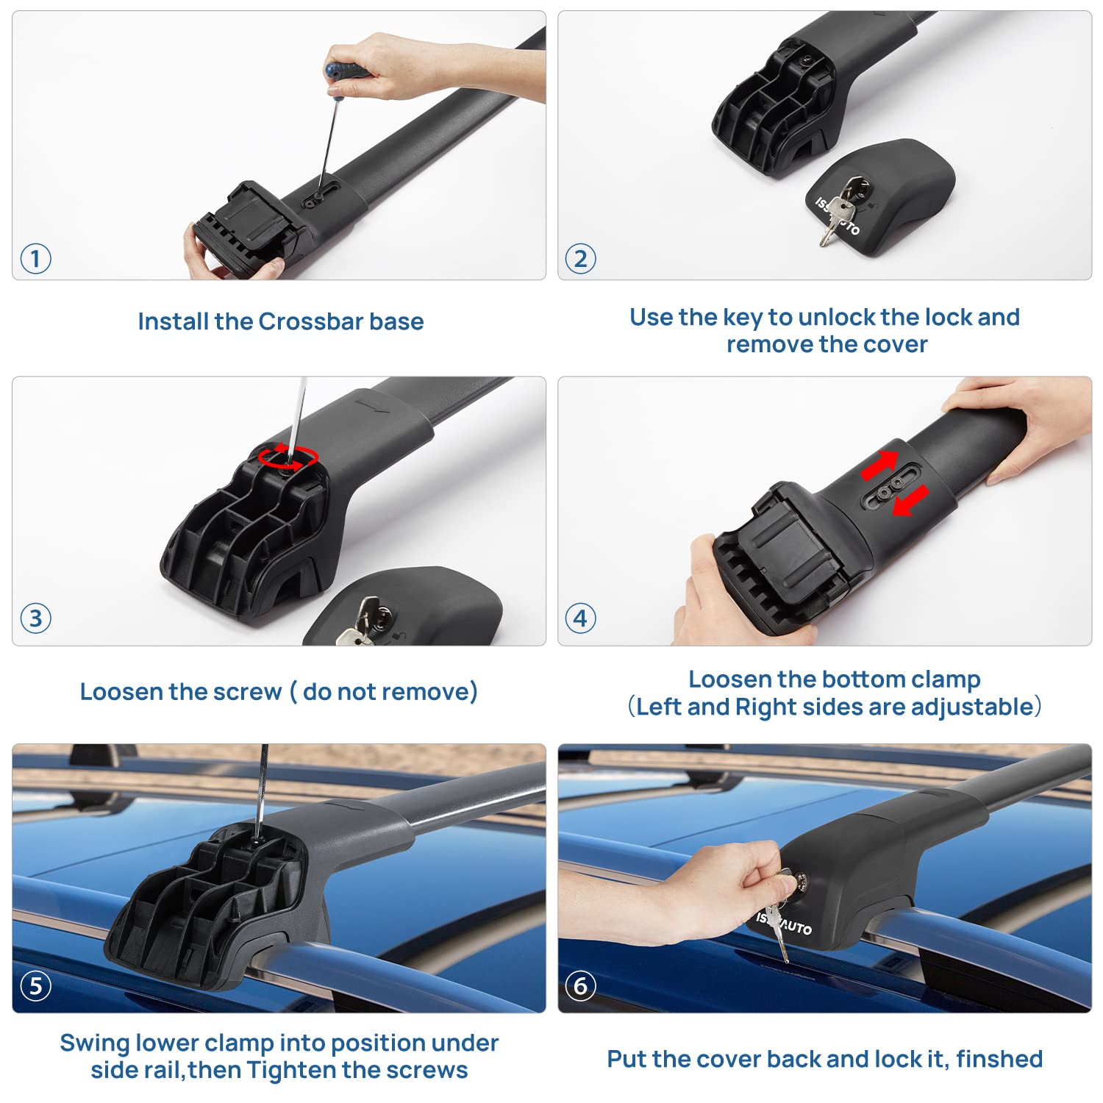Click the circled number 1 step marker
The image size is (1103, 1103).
pyautogui.click(x=35, y=260)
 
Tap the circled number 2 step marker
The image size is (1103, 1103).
pyautogui.click(x=580, y=260)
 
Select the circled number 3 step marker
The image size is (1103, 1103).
pyautogui.click(x=35, y=618)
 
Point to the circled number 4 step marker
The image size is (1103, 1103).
pyautogui.click(x=580, y=618)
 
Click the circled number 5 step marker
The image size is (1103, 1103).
pyautogui.click(x=35, y=985)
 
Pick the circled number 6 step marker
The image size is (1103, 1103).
pyautogui.click(x=580, y=985)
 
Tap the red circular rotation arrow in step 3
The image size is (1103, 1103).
pyautogui.click(x=288, y=457)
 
